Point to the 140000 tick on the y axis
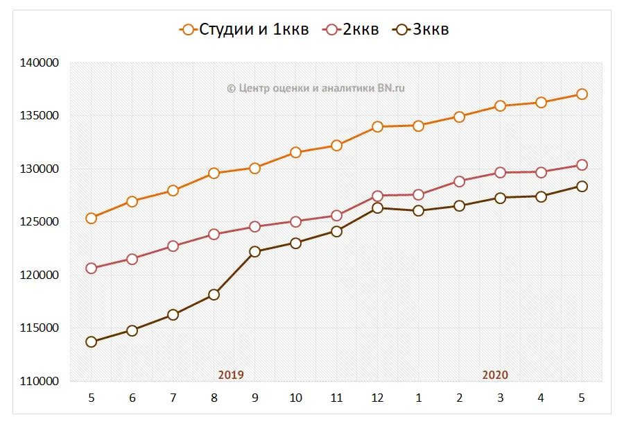(40, 62)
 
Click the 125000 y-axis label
(40, 222)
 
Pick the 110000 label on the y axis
(40, 381)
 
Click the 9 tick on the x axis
(254, 398)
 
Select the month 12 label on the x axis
(377, 398)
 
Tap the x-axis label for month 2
(459, 398)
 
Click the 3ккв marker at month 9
(254, 251)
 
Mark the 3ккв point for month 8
(214, 294)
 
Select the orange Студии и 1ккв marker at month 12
(377, 126)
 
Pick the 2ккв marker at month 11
(336, 215)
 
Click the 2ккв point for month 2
(459, 181)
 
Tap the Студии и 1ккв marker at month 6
(132, 201)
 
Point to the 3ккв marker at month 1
(418, 210)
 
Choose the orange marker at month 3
(500, 105)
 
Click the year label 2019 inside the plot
(231, 375)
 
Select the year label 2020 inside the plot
(495, 375)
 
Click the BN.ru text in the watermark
(392, 87)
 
